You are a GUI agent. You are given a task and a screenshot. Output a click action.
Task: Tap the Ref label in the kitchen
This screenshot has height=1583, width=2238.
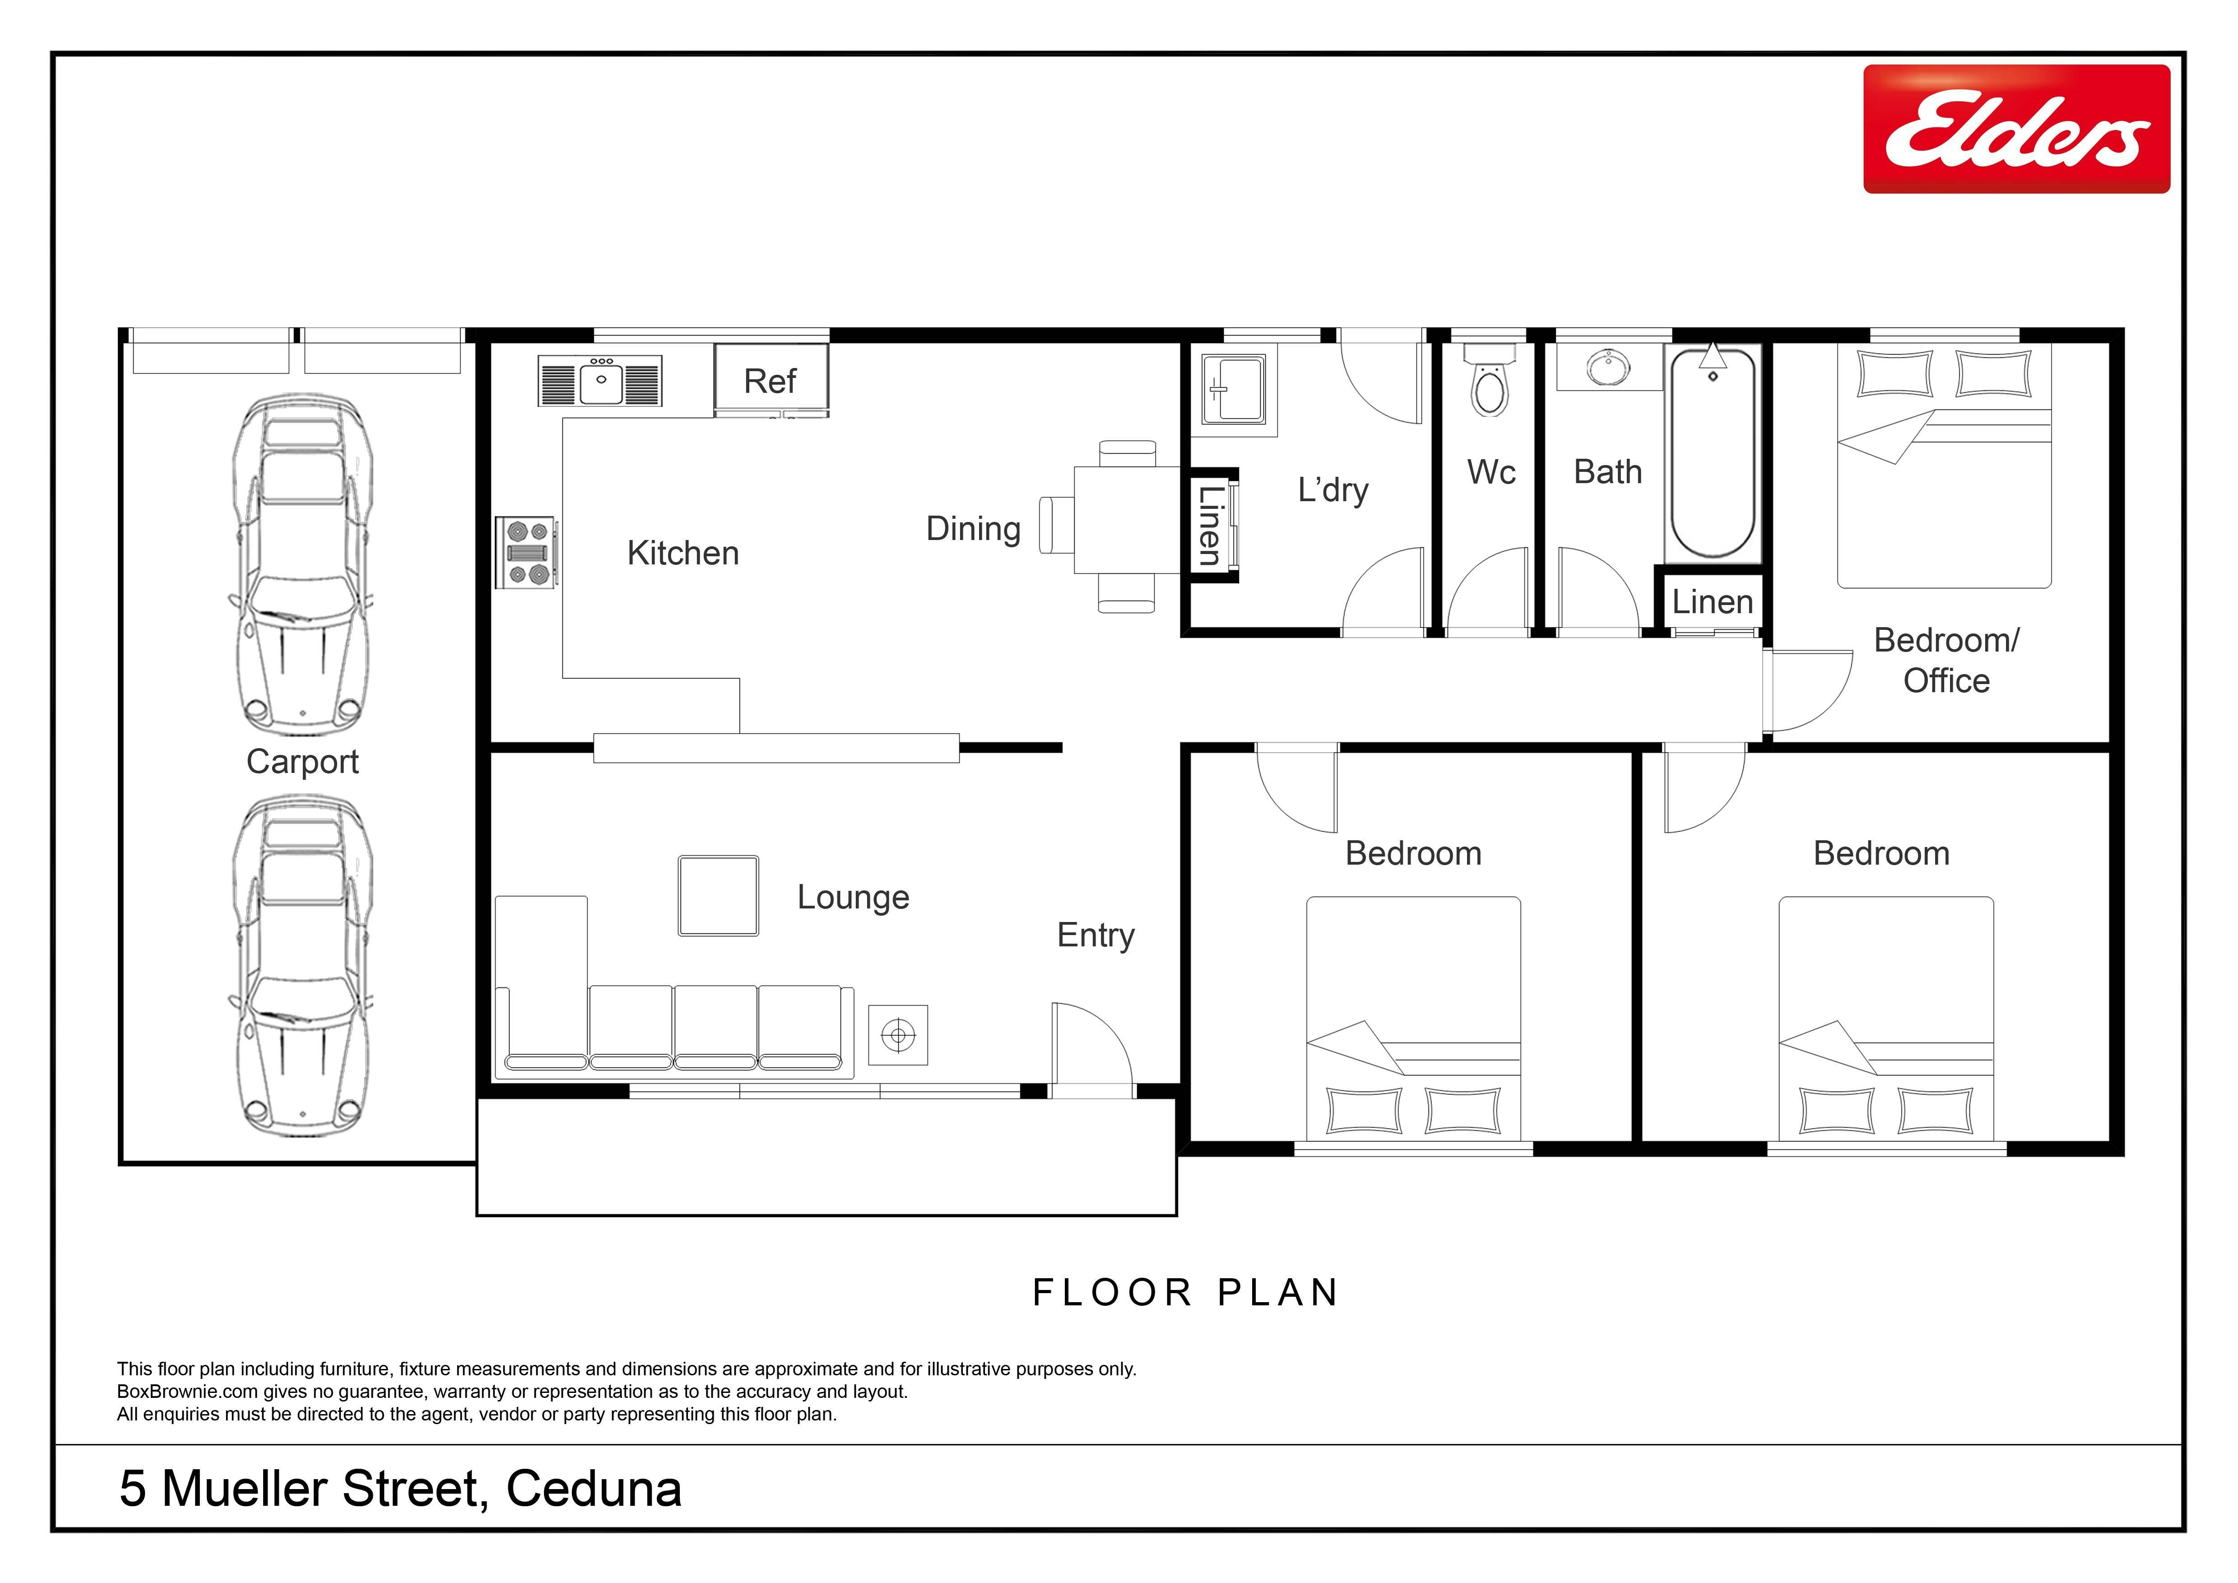(x=770, y=381)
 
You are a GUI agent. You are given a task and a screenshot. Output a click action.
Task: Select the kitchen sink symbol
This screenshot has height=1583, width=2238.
(x=599, y=380)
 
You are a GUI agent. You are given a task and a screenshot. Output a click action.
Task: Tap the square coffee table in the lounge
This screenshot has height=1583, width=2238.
(x=718, y=896)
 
